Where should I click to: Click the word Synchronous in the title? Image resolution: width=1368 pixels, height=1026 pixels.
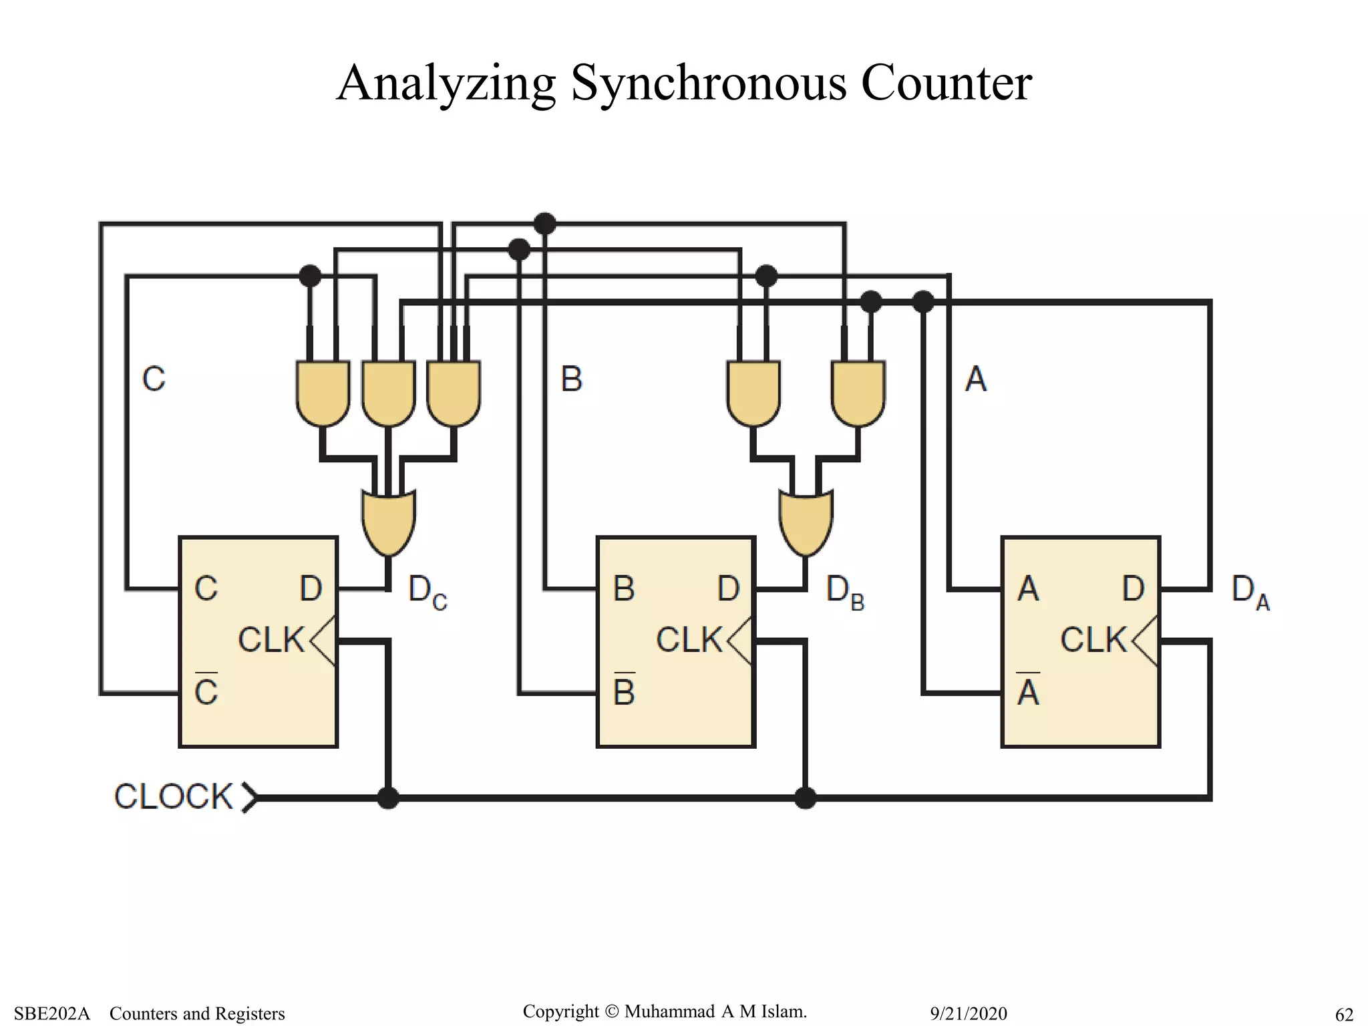pyautogui.click(x=708, y=83)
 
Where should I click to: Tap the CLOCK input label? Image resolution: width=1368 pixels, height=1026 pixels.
pyautogui.click(x=173, y=796)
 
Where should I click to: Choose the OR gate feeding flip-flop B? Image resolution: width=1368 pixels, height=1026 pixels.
pyautogui.click(x=806, y=522)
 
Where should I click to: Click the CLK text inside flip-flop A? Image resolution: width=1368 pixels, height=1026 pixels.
pyautogui.click(x=1093, y=640)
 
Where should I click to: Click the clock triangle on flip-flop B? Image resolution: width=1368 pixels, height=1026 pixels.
pyautogui.click(x=740, y=641)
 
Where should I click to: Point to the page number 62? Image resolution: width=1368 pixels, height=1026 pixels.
pyautogui.click(x=1344, y=1015)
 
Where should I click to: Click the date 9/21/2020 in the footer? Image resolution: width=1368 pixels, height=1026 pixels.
pyautogui.click(x=968, y=1014)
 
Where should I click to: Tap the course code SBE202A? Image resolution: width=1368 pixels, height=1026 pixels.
pyautogui.click(x=51, y=1014)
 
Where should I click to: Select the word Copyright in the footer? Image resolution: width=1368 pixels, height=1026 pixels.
pyautogui.click(x=560, y=1011)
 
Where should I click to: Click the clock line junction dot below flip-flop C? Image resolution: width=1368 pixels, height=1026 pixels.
pyautogui.click(x=388, y=798)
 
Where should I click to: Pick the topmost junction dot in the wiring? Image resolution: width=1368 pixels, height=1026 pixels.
pyautogui.click(x=545, y=223)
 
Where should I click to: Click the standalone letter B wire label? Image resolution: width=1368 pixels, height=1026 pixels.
pyautogui.click(x=572, y=379)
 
